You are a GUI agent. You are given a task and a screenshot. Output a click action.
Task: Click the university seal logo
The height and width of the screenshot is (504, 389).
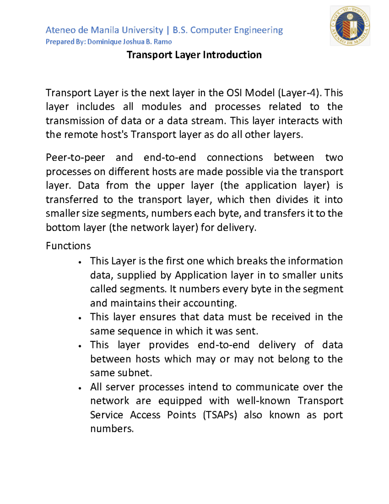350,26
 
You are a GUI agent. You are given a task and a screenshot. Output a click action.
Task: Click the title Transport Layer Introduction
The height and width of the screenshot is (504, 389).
194,55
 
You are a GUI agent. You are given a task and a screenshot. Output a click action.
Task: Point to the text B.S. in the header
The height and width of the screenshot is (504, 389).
180,30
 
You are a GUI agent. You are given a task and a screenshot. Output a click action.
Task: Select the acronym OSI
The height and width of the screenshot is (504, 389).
234,93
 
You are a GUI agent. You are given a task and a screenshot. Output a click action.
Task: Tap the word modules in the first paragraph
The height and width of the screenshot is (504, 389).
161,107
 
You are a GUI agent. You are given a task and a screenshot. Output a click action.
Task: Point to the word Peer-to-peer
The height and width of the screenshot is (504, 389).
75,157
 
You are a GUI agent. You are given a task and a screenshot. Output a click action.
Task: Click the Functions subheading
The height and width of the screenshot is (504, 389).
68,246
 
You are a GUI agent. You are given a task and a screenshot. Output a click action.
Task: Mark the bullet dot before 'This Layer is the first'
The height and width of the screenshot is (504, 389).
80,262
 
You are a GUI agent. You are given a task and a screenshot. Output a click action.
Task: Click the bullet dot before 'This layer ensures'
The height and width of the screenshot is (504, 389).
80,318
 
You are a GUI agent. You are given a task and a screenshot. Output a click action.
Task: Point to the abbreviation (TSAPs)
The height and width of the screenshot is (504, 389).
220,415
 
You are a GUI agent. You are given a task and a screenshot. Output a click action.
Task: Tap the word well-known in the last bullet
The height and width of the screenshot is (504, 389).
263,401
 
